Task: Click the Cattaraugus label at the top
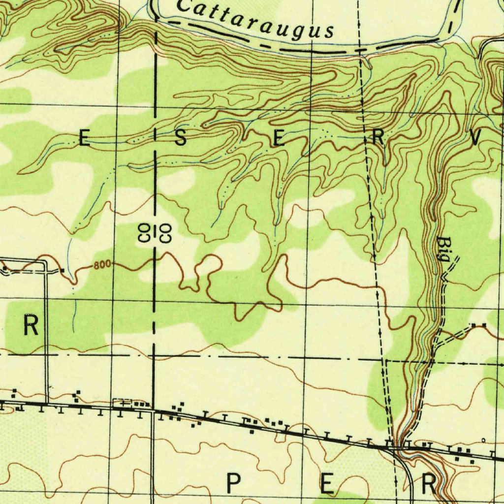click(254, 20)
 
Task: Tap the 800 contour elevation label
click(101, 265)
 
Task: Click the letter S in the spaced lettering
click(181, 139)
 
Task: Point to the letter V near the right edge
click(475, 139)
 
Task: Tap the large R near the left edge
click(31, 326)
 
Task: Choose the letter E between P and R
click(326, 484)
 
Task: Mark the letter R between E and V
click(378, 139)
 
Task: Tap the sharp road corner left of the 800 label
click(45, 261)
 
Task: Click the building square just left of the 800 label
click(63, 270)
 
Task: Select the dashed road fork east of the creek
click(436, 344)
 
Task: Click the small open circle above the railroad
click(483, 441)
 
